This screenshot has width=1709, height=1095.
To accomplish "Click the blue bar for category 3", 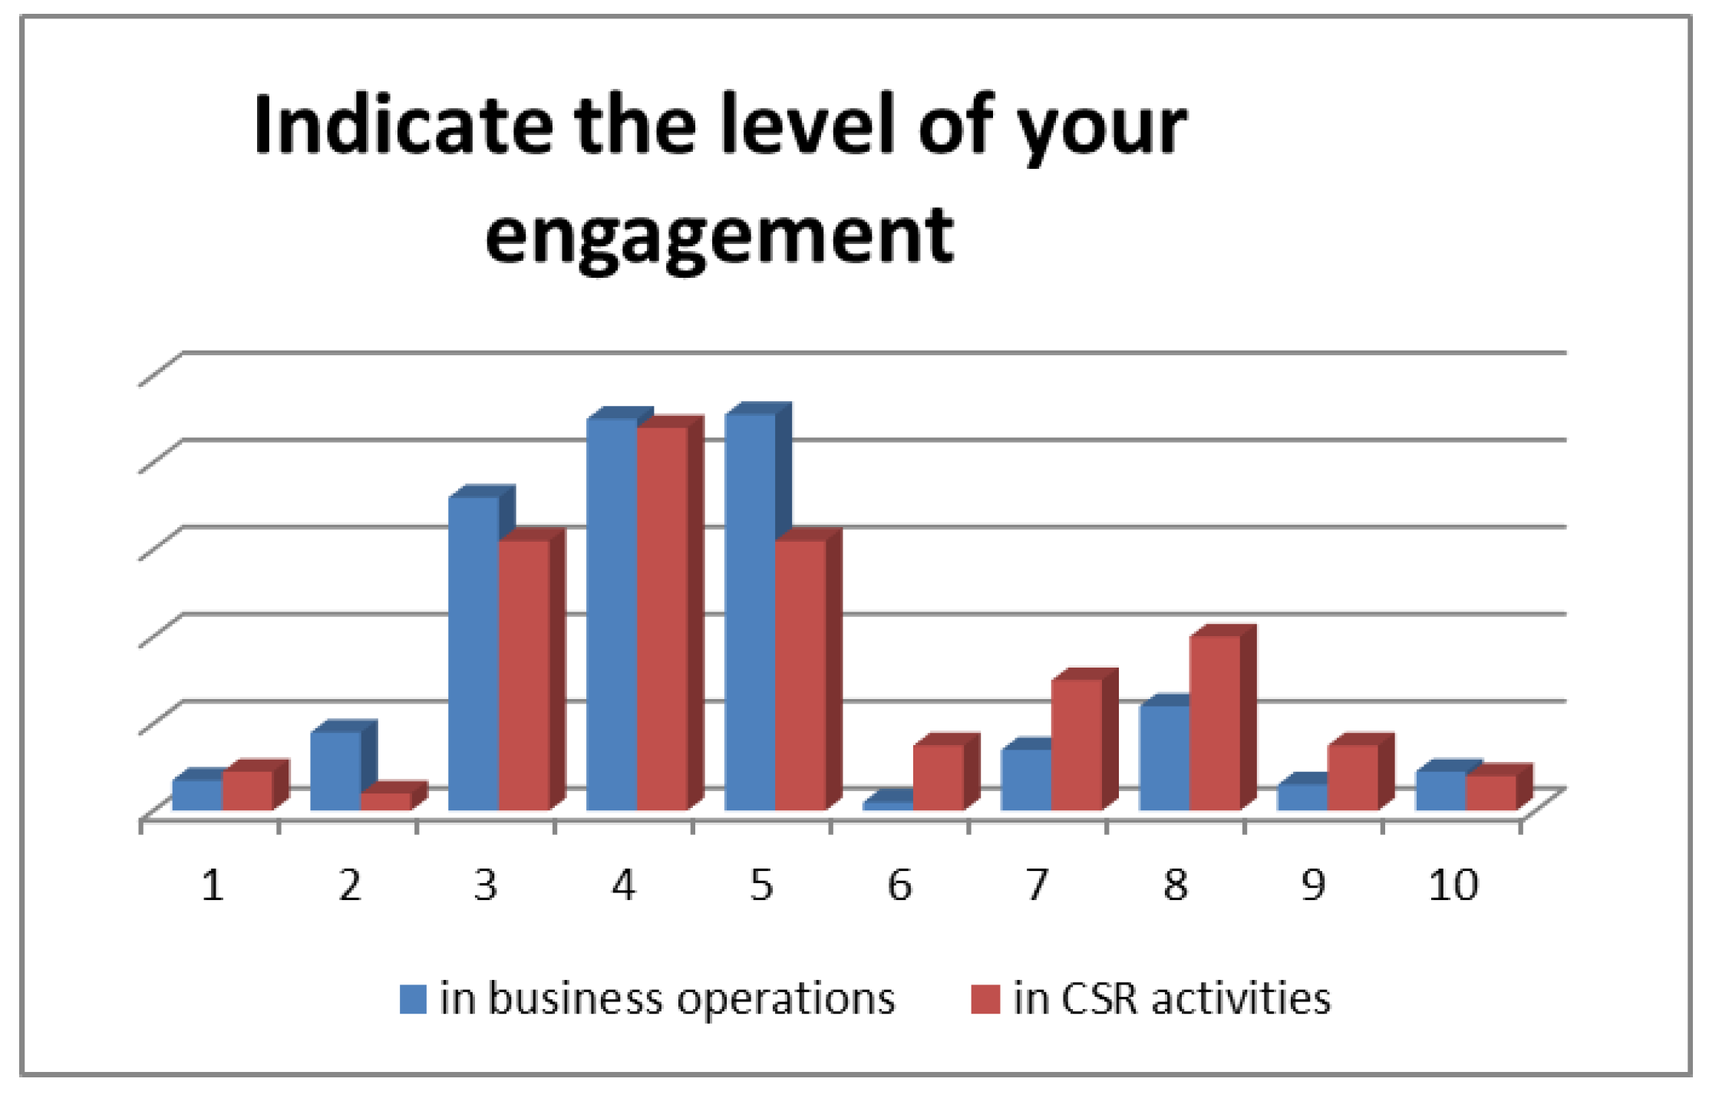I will (x=473, y=652).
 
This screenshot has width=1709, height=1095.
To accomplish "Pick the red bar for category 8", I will (x=1214, y=722).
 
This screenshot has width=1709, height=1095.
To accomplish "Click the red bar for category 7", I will (x=1076, y=744).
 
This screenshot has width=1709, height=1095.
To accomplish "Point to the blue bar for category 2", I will (x=335, y=770).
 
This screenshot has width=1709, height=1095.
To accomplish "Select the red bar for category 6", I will (x=938, y=777).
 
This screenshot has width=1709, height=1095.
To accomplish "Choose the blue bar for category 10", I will (x=1440, y=790).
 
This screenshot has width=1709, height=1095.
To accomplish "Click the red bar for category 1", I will (x=247, y=790).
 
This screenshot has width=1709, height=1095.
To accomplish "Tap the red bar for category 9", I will (x=1352, y=777).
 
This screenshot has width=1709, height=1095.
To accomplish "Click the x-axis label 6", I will (x=899, y=885).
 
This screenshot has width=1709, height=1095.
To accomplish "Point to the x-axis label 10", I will (x=1453, y=885).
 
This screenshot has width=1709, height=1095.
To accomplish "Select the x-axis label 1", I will (x=213, y=885).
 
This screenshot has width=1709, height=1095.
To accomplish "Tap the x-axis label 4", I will (x=623, y=885).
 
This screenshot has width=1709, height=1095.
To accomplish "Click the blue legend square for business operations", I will (x=413, y=999).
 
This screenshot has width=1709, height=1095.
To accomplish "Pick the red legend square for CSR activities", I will (x=985, y=999).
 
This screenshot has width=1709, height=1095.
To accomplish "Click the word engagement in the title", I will (x=719, y=234).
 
